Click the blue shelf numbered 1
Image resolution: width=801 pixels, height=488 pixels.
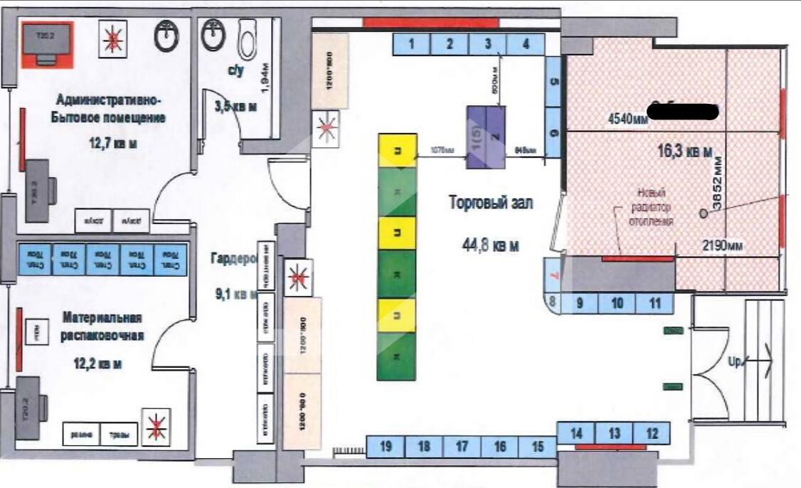pyautogui.click(x=412, y=44)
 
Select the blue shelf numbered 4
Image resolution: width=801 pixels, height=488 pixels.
pyautogui.click(x=526, y=44)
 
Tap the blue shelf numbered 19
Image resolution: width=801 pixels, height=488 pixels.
pyautogui.click(x=386, y=447)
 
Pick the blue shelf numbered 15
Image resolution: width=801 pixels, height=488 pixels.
pyautogui.click(x=538, y=447)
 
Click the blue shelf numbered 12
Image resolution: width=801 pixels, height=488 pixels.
pyautogui.click(x=653, y=433)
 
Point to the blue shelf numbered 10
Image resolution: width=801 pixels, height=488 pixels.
pyautogui.click(x=617, y=303)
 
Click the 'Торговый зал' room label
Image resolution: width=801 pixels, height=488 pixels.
pyautogui.click(x=491, y=203)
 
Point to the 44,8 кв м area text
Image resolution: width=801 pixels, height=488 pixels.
pyautogui.click(x=490, y=245)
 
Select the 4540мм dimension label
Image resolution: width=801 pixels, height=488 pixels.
pyautogui.click(x=627, y=120)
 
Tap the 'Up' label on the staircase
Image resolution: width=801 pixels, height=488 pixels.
pyautogui.click(x=734, y=361)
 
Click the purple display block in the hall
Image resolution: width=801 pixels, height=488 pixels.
pyautogui.click(x=485, y=137)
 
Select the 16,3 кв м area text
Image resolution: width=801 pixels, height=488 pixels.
pyautogui.click(x=685, y=151)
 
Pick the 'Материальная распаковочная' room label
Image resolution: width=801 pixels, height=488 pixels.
pyautogui.click(x=102, y=327)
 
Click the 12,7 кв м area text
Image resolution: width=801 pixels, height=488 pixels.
pyautogui.click(x=112, y=144)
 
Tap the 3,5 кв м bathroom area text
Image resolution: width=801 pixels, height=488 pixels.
pyautogui.click(x=235, y=106)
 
